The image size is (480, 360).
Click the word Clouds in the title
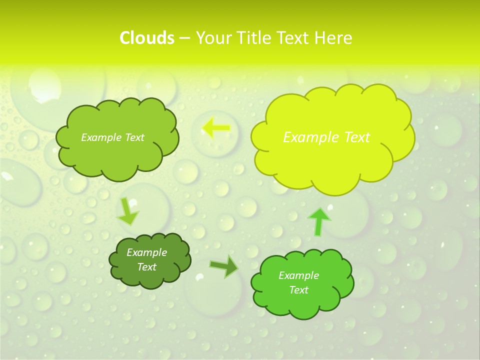(x=147, y=38)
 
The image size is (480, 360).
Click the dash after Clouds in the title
(x=184, y=38)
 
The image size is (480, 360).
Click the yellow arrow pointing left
(x=216, y=128)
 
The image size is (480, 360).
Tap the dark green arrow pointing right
(x=224, y=266)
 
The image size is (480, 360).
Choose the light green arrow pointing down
(x=127, y=211)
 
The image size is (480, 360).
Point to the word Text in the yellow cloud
(x=356, y=137)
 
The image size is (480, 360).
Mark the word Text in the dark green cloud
(x=147, y=267)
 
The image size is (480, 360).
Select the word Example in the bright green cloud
(x=298, y=275)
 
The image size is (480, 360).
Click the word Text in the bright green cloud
(x=298, y=290)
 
